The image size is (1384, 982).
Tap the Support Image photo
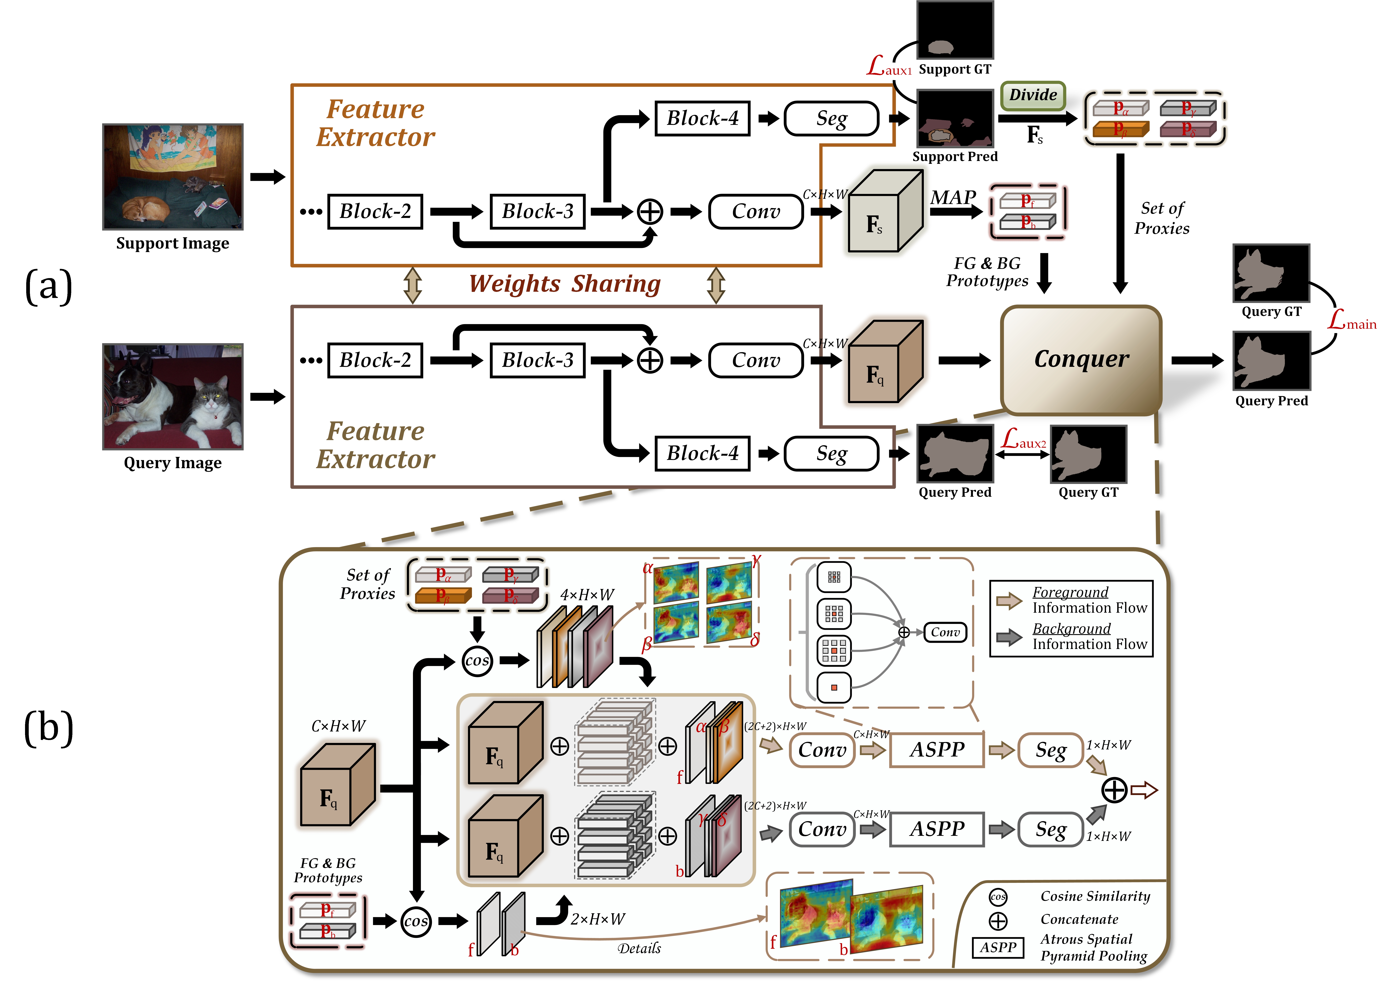tap(173, 177)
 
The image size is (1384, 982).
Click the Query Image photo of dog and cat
tap(173, 397)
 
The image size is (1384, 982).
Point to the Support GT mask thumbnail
tap(955, 30)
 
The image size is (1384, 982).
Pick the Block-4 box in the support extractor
tap(703, 118)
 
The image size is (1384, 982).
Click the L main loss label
tap(1351, 320)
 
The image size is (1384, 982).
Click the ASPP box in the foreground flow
tap(937, 750)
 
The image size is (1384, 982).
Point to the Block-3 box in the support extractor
tap(537, 212)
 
